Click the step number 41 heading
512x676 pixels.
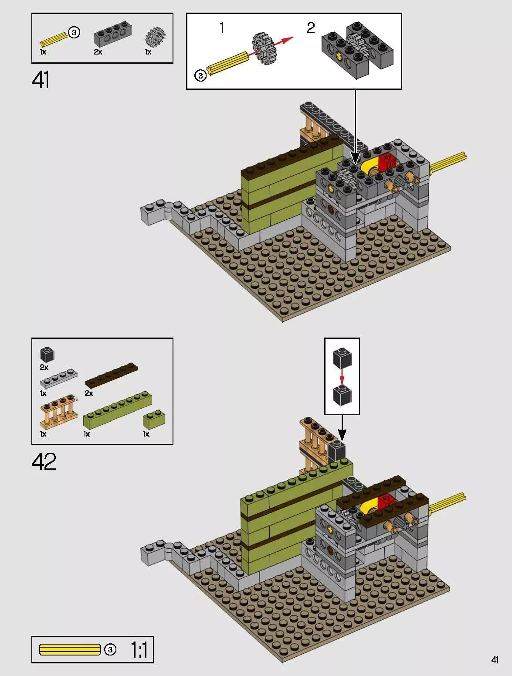[41, 80]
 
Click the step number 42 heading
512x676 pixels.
[44, 461]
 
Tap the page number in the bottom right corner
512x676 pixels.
[495, 660]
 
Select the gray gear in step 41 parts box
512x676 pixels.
[155, 37]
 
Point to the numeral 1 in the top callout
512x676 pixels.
[222, 28]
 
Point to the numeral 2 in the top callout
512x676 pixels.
[310, 28]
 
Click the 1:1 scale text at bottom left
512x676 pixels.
[139, 650]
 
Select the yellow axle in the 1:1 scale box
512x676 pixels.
[70, 649]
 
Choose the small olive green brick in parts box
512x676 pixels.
[154, 419]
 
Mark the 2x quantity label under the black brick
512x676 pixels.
[44, 367]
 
